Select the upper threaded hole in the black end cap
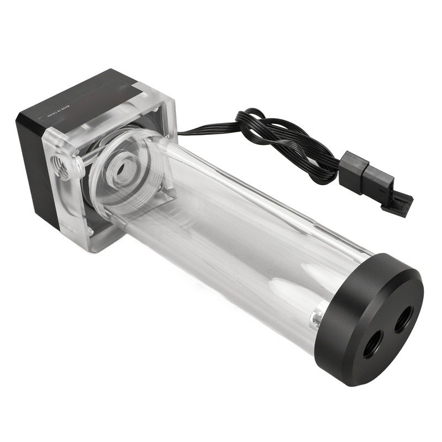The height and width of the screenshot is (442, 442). click(406, 319)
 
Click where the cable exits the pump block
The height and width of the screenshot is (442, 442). click(180, 133)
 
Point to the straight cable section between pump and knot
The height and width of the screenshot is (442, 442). click(207, 131)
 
